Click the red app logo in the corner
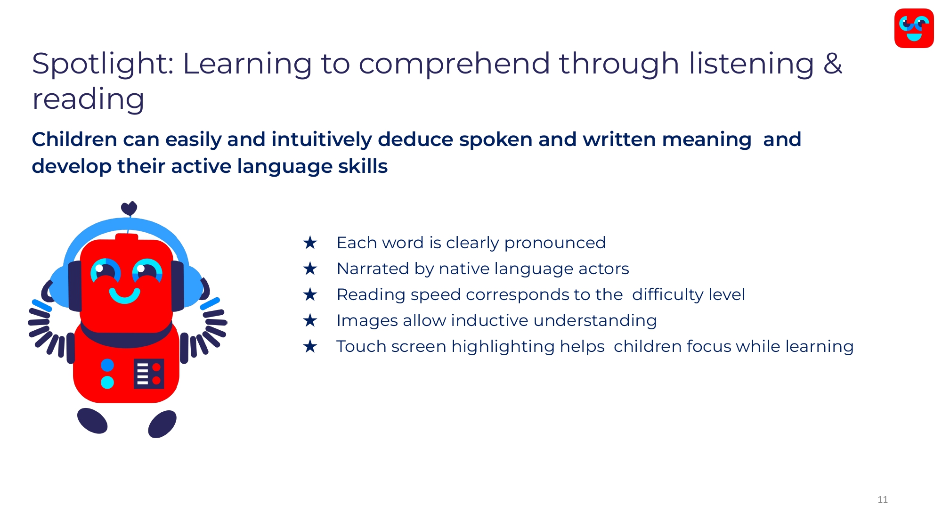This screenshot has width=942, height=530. [914, 28]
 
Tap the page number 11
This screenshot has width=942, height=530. [883, 500]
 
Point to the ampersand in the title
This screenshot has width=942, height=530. [833, 63]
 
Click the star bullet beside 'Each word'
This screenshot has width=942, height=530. [310, 243]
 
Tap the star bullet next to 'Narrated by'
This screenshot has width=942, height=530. [310, 269]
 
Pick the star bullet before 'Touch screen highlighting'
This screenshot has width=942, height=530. [310, 347]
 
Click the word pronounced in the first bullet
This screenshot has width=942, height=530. [555, 244]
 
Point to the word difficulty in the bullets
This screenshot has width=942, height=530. [668, 295]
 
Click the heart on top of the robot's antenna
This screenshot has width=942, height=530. [129, 208]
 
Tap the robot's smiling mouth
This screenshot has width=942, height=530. [125, 296]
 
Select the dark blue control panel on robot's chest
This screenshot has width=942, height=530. [149, 374]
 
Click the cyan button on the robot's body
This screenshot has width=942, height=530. [107, 382]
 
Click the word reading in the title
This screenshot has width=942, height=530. [88, 100]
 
